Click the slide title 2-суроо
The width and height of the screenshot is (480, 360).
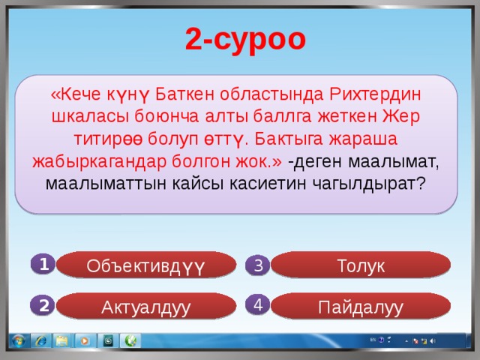(x=245, y=40)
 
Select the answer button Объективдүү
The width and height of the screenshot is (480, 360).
(x=147, y=265)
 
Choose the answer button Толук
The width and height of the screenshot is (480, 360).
(x=361, y=265)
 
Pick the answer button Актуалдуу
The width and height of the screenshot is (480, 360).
(x=147, y=306)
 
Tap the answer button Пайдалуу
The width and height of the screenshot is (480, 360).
(x=361, y=306)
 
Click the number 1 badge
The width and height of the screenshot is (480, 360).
(x=44, y=263)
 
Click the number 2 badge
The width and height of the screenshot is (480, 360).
(x=44, y=305)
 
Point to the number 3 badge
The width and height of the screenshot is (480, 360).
(x=257, y=265)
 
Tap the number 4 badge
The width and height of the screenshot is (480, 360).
(x=257, y=304)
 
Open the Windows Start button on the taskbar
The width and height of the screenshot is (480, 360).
(x=14, y=341)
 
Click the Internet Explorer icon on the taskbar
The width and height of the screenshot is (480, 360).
(x=40, y=341)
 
